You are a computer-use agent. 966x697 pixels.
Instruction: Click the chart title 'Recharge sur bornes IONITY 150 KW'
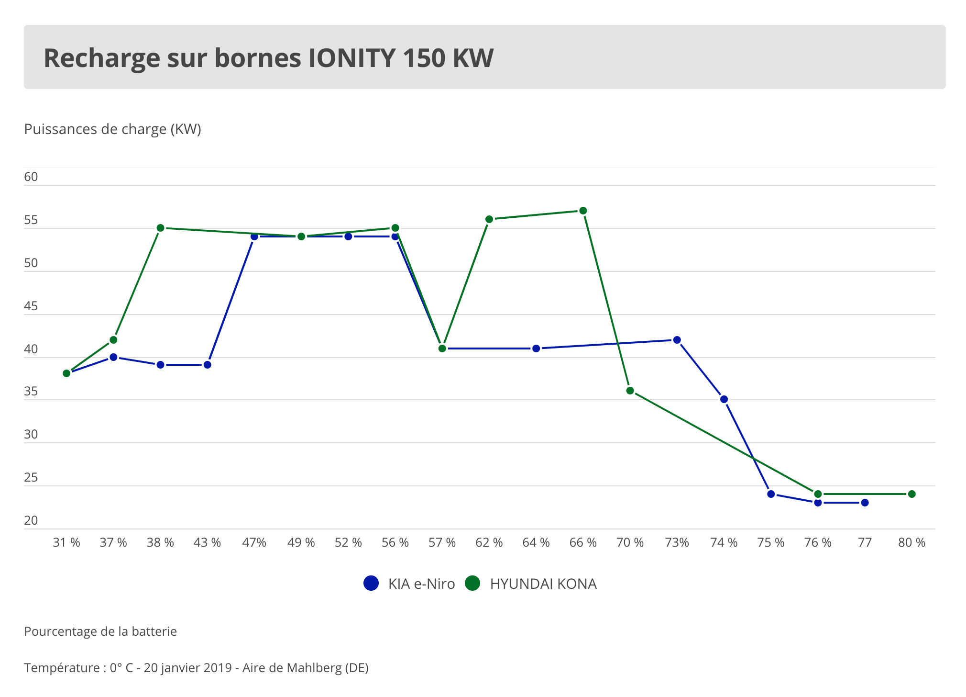268,58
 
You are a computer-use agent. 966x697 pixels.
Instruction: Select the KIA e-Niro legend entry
409,584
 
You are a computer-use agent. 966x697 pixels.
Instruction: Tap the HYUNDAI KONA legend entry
531,584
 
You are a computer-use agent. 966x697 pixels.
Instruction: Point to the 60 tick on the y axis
31,177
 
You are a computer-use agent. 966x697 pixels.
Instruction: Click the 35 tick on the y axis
31,392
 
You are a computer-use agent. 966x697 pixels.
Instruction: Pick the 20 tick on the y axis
31,520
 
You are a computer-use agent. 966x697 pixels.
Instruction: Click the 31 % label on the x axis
66,542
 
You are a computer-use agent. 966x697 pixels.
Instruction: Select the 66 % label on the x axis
583,542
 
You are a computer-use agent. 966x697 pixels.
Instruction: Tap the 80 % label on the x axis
911,542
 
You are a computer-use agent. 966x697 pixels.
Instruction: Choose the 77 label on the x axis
865,542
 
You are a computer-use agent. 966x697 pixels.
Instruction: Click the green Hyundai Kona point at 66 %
583,211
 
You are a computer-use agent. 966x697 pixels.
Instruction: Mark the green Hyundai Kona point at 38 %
161,228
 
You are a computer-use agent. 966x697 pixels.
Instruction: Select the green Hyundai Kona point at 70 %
630,391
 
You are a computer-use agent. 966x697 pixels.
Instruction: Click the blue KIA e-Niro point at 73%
677,340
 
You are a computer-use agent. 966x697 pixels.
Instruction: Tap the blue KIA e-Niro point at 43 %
207,365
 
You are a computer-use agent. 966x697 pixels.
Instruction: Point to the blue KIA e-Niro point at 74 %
724,399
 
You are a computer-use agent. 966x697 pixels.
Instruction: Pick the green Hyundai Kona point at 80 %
911,494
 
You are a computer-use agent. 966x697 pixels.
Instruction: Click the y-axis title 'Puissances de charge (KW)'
112,129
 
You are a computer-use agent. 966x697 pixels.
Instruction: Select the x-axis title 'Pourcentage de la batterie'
100,631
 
